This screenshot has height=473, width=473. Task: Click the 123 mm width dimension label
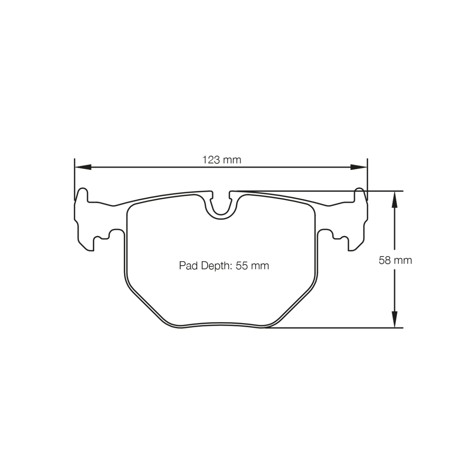coord(222,160)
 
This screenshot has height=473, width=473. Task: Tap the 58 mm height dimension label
coord(395,260)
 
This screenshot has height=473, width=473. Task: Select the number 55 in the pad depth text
coord(242,266)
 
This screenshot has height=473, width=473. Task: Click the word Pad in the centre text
coord(188,266)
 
